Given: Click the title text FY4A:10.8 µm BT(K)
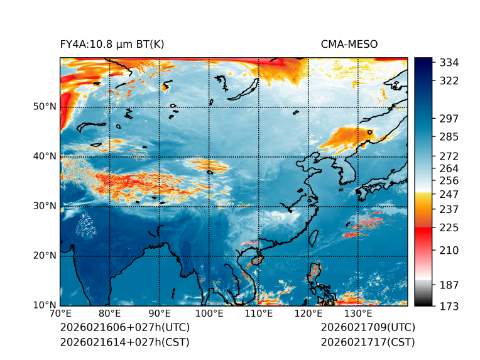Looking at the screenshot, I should [x=112, y=44].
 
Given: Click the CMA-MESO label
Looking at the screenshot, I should [x=349, y=44].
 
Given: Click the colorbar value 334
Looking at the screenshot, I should [x=450, y=63].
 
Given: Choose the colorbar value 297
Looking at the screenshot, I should [x=450, y=118].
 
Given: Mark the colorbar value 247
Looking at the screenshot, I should [x=450, y=194].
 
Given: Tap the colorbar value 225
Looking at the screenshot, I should [x=450, y=227].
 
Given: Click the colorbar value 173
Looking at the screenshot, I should [x=450, y=306].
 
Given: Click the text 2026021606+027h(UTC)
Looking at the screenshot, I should [x=124, y=328].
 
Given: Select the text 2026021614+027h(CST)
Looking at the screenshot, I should [x=124, y=342].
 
